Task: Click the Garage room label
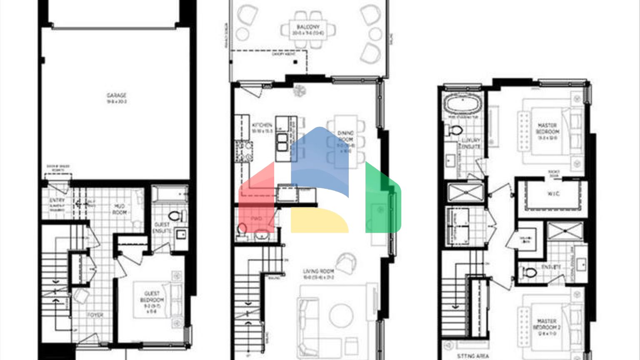116,96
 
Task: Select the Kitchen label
262,125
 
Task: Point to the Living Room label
318,271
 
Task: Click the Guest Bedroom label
152,297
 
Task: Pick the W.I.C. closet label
553,194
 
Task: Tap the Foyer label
95,315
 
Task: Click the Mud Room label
120,209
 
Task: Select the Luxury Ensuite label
471,143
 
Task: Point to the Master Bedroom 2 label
547,324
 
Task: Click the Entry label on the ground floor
57,200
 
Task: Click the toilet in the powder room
242,229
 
